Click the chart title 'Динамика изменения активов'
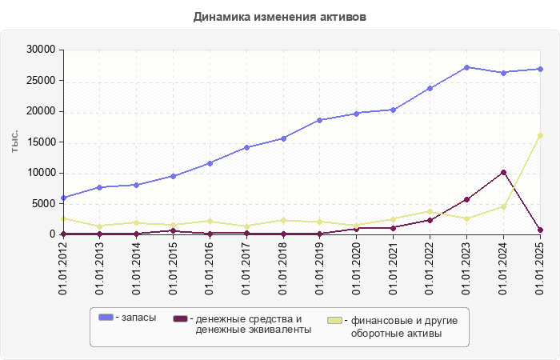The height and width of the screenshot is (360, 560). click(280, 17)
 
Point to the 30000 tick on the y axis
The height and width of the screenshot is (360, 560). click(40, 50)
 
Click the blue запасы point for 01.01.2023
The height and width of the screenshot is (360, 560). click(467, 67)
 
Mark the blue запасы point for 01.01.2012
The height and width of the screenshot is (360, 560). click(63, 198)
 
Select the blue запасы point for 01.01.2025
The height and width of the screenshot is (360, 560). click(541, 69)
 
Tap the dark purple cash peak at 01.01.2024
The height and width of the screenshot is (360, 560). click(504, 172)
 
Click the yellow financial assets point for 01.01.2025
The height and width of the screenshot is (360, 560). click(541, 135)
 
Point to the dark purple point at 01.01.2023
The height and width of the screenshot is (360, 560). click(467, 199)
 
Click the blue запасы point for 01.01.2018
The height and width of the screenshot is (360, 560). click(284, 138)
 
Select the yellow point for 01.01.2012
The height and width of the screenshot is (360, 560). click(63, 218)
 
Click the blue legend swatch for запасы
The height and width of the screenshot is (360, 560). click(105, 318)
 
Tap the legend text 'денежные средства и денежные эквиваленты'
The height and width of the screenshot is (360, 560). click(253, 324)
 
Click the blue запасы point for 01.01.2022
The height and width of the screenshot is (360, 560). click(430, 88)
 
